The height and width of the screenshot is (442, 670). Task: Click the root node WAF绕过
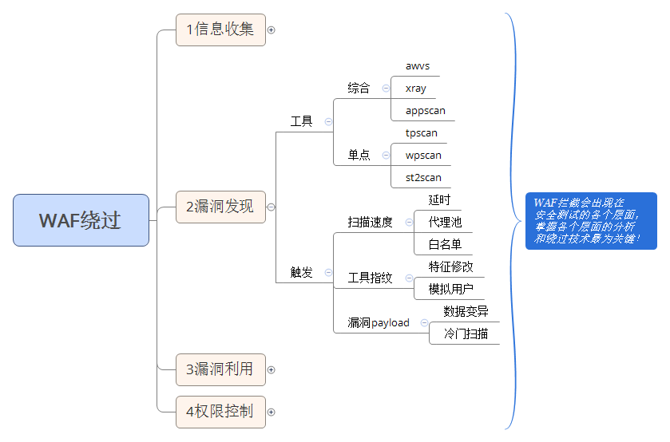[81, 220]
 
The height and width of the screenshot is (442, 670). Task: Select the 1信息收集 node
[220, 30]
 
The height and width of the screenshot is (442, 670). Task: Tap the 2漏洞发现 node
[220, 207]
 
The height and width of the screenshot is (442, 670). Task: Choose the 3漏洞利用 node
[220, 369]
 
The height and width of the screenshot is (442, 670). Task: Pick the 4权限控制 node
[220, 412]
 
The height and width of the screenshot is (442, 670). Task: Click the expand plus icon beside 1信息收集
[271, 30]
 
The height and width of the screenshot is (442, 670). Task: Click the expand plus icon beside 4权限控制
[271, 412]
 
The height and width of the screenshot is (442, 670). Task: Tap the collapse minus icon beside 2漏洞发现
[271, 207]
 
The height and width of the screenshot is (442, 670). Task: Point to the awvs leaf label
[418, 66]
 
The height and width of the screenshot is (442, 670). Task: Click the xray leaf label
[416, 89]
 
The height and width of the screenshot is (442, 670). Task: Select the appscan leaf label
[426, 111]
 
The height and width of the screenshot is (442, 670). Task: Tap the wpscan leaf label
[423, 155]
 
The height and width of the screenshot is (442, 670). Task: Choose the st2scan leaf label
[423, 177]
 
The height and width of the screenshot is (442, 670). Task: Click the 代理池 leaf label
[445, 222]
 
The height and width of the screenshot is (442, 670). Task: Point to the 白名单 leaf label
[445, 244]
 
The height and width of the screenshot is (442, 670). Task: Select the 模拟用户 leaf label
[450, 289]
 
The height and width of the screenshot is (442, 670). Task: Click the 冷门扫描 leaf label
[466, 333]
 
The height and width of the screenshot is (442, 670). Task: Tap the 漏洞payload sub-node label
[379, 323]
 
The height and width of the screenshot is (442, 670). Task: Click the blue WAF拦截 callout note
[591, 220]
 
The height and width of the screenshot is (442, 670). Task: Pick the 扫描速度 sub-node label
[371, 222]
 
